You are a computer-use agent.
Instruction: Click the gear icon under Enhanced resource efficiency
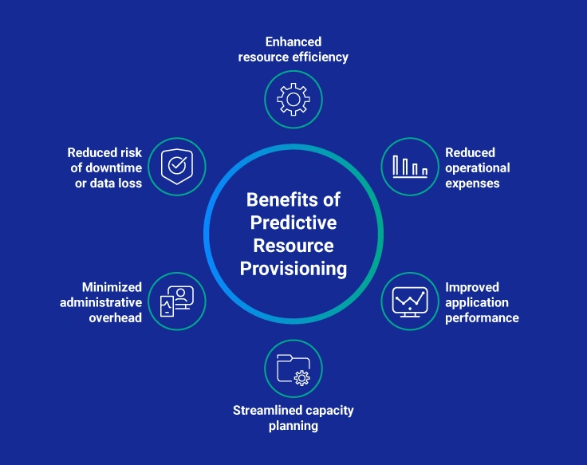tap(293, 99)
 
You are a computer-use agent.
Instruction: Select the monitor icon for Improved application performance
tap(410, 301)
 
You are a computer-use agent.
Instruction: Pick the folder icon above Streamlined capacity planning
tap(293, 369)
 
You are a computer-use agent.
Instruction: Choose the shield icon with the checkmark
tap(176, 167)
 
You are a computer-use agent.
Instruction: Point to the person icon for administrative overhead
tap(176, 301)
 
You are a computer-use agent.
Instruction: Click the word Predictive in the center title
tap(293, 222)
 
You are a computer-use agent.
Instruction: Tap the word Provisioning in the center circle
tap(293, 268)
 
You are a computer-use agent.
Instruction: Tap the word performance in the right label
tap(482, 317)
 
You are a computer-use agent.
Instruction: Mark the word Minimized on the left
tap(112, 287)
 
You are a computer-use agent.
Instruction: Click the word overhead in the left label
tap(116, 317)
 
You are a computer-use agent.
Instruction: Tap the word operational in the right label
tap(478, 167)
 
